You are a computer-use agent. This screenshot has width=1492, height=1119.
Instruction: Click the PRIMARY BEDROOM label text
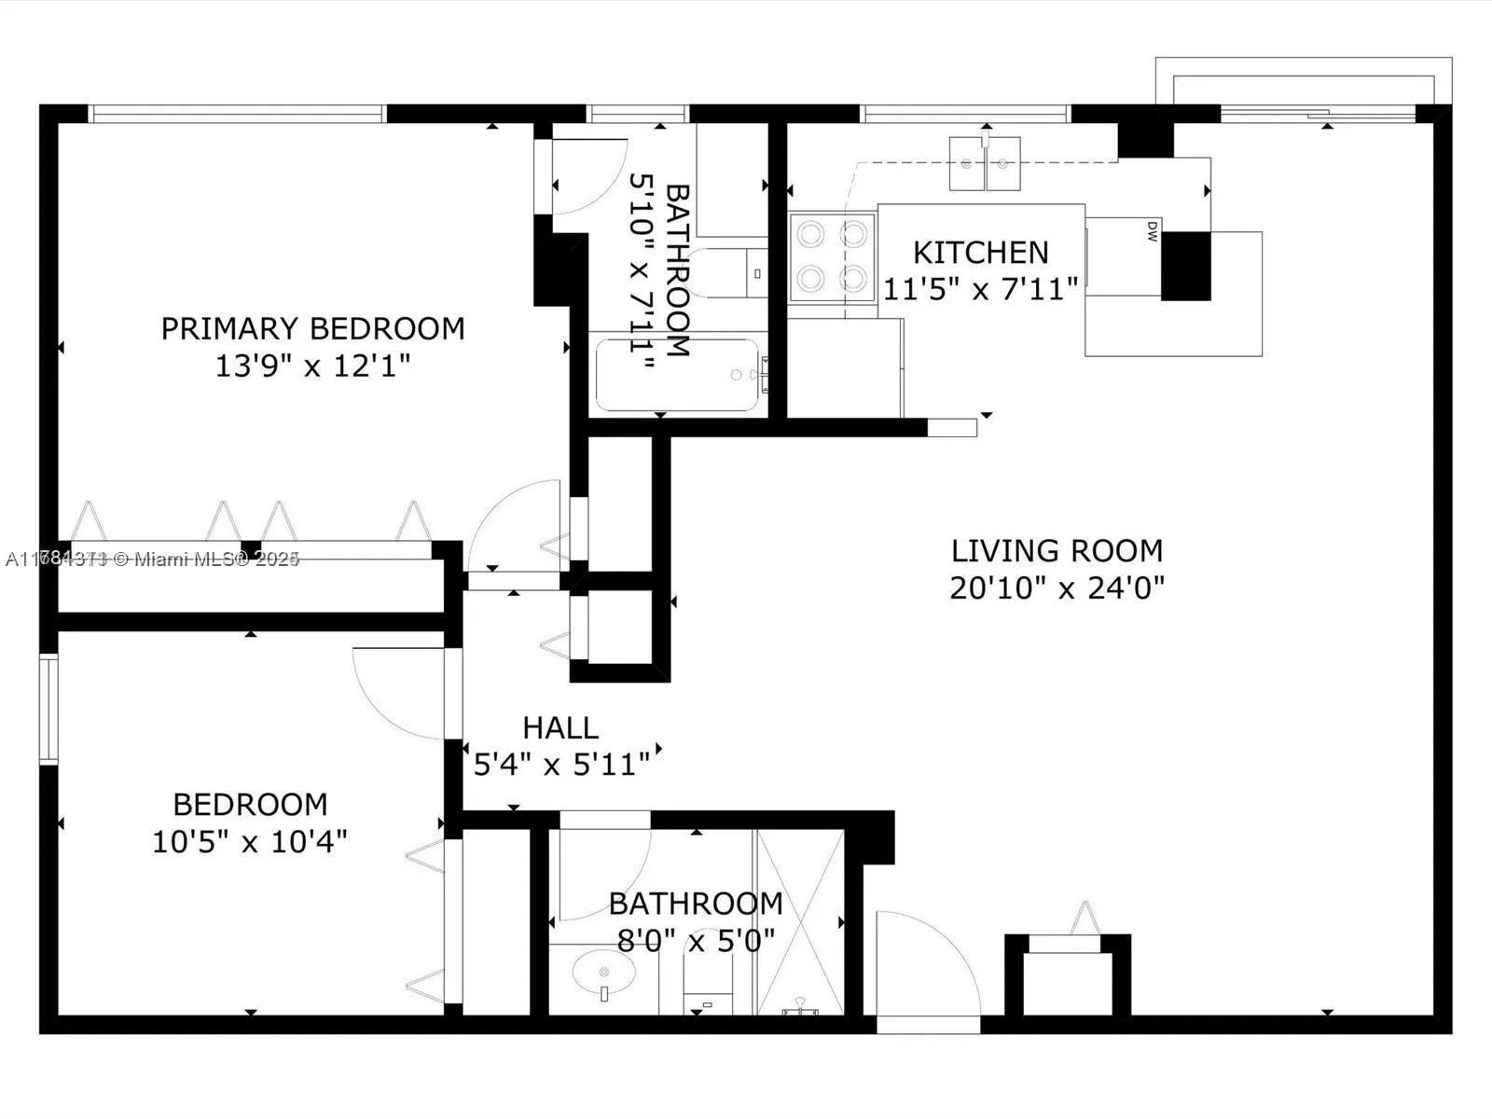click(x=312, y=328)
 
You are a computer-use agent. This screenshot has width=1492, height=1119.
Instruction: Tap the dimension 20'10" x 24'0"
click(x=1057, y=588)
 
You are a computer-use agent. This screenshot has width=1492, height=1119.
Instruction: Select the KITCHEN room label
click(x=980, y=253)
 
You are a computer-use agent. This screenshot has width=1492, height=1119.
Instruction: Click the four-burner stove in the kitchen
click(x=832, y=256)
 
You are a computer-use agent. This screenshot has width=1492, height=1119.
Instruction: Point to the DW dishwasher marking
click(x=1152, y=230)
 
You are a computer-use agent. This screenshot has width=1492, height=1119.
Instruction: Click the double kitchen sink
click(x=985, y=163)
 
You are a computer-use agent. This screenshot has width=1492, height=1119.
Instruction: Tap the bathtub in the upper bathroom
click(x=677, y=375)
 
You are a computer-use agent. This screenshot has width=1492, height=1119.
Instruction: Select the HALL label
click(x=559, y=727)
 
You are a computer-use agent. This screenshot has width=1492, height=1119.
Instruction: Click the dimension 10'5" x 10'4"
click(x=250, y=842)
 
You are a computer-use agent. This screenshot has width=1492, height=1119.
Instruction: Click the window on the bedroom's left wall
click(x=48, y=709)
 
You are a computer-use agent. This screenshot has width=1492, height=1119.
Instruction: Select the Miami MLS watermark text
click(x=152, y=559)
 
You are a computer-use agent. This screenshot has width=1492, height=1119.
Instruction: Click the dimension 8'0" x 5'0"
click(x=696, y=940)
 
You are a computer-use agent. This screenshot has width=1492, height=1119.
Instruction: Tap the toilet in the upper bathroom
click(x=732, y=273)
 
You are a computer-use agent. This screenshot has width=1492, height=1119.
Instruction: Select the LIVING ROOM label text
click(x=1057, y=551)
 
